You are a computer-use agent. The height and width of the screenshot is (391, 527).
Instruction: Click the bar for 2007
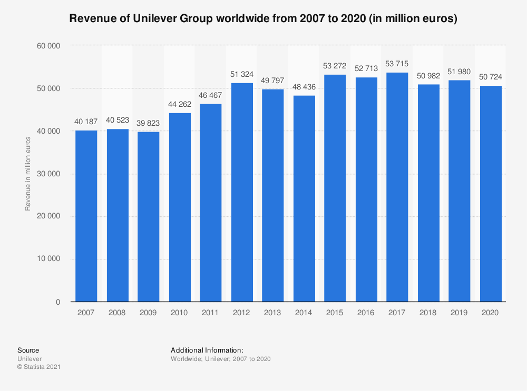point(86,216)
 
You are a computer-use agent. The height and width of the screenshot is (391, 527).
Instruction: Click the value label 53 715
point(397,64)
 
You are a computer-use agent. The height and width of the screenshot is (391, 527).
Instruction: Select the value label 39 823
point(148,123)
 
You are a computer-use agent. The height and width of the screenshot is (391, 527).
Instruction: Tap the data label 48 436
point(304,87)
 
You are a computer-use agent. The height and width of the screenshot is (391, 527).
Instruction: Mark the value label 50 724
point(490,77)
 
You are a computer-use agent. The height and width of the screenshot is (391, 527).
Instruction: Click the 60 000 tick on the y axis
point(51,46)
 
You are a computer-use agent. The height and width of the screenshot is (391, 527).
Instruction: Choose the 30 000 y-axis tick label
point(51,174)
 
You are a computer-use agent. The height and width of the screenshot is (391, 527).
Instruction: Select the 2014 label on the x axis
point(304,313)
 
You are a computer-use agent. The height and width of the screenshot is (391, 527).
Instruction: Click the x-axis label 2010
point(179,313)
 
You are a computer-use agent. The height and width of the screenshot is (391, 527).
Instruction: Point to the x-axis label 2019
point(459,313)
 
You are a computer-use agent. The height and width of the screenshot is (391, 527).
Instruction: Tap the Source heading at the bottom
point(28,350)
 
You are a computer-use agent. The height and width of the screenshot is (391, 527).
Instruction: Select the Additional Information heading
point(207,350)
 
